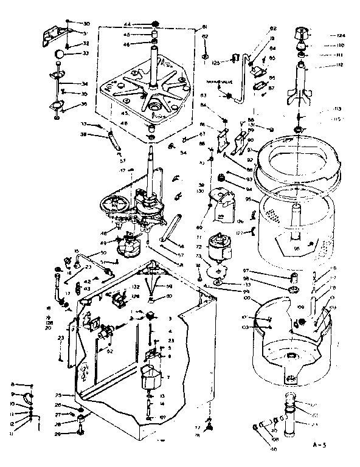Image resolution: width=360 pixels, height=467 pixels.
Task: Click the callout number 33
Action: pyautogui.click(x=85, y=54)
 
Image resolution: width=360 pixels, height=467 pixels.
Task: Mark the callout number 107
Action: pyautogui.click(x=162, y=417)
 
